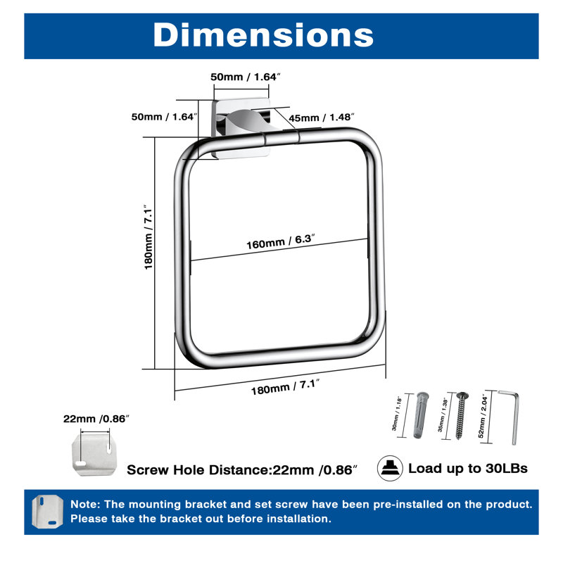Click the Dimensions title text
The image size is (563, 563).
(x=263, y=34)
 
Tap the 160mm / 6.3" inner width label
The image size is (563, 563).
(x=280, y=241)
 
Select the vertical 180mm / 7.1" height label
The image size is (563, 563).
(x=148, y=237)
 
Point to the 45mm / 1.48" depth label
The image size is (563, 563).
(x=322, y=118)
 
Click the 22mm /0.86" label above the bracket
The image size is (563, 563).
(x=96, y=419)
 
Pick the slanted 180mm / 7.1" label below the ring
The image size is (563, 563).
(x=285, y=387)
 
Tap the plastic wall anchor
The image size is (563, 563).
(x=421, y=415)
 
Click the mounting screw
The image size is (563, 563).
(x=461, y=415)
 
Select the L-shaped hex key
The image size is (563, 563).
(x=512, y=417)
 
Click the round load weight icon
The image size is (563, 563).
(x=390, y=468)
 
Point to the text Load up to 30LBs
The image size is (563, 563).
(x=468, y=468)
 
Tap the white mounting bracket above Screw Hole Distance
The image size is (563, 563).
(x=94, y=454)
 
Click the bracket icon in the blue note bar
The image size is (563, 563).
(x=47, y=512)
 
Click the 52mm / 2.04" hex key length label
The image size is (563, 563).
(x=483, y=416)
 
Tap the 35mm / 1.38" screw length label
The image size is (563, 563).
(x=442, y=415)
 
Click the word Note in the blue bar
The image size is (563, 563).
(x=84, y=504)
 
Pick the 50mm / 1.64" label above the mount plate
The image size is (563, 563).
(x=245, y=77)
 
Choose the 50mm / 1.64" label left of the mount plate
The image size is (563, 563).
(x=165, y=117)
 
